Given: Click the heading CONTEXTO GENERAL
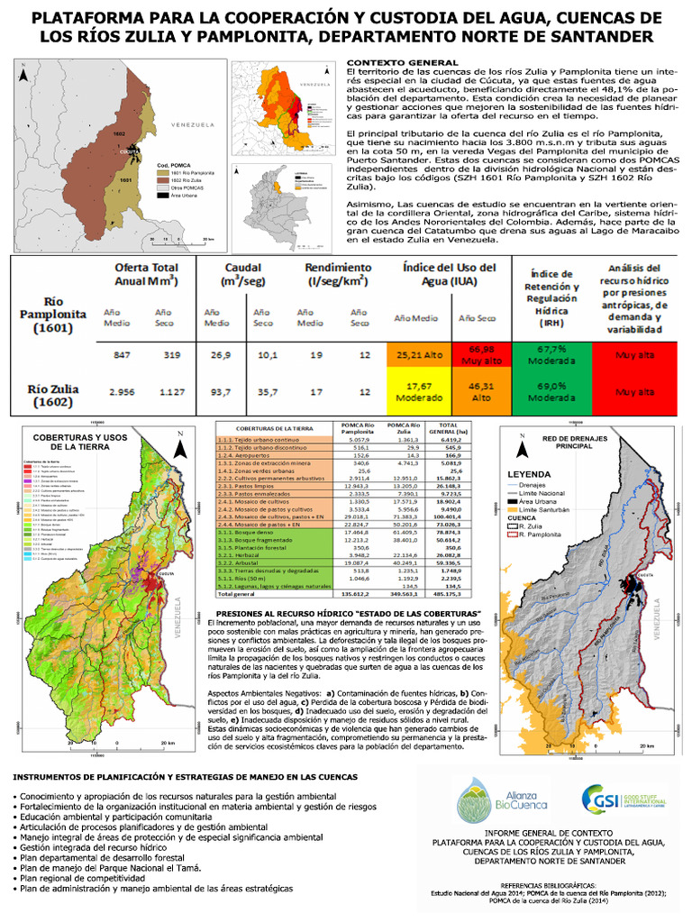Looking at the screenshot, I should tap(389, 60).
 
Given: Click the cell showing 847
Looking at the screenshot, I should tap(123, 354).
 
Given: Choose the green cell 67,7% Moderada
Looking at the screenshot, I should tap(551, 354).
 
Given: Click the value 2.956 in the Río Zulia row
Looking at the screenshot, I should tap(123, 392).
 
